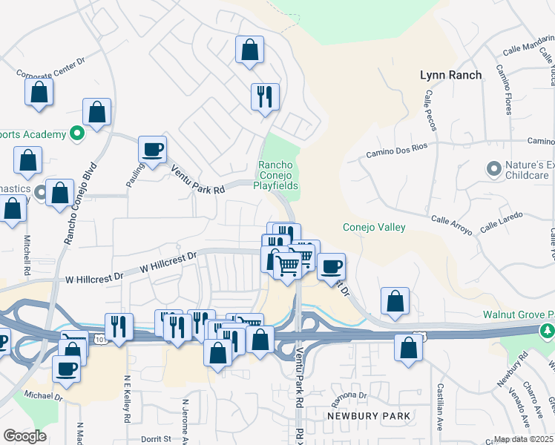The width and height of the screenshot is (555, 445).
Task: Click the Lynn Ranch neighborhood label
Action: tap(450, 75)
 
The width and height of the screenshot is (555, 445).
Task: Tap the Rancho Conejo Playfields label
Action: tap(278, 175)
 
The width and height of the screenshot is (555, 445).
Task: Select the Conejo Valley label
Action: tap(374, 227)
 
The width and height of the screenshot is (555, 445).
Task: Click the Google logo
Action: tap(24, 435)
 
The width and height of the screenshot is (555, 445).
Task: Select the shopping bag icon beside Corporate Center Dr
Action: tap(39, 93)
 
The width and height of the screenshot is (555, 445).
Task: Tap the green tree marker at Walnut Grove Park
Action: tap(548, 329)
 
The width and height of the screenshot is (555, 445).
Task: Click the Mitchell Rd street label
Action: tap(28, 253)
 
